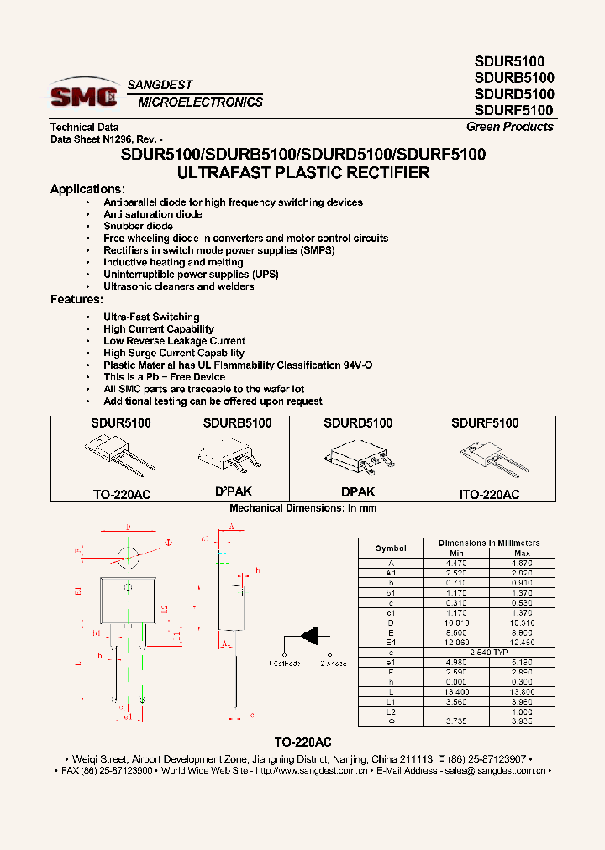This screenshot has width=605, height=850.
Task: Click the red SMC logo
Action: pyautogui.click(x=83, y=96)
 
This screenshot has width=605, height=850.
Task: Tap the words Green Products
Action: pyautogui.click(x=510, y=127)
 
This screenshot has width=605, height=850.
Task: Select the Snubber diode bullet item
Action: pyautogui.click(x=138, y=226)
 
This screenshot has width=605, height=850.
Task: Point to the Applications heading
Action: pyautogui.click(x=87, y=189)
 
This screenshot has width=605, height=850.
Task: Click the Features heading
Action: pyautogui.click(x=76, y=299)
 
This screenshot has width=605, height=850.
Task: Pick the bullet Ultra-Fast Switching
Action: pyautogui.click(x=151, y=317)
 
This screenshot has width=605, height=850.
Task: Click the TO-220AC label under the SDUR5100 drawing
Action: pyautogui.click(x=121, y=495)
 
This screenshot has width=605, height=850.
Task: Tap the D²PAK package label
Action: pyautogui.click(x=233, y=491)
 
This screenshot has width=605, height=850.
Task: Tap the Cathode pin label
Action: pyautogui.click(x=285, y=664)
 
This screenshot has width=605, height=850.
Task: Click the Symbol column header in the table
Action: pyautogui.click(x=391, y=548)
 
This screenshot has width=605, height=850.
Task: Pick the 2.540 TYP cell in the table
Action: pyautogui.click(x=489, y=652)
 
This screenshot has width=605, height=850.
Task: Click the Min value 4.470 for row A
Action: pyautogui.click(x=456, y=563)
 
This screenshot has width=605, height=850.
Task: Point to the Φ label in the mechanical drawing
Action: pyautogui.click(x=168, y=543)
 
